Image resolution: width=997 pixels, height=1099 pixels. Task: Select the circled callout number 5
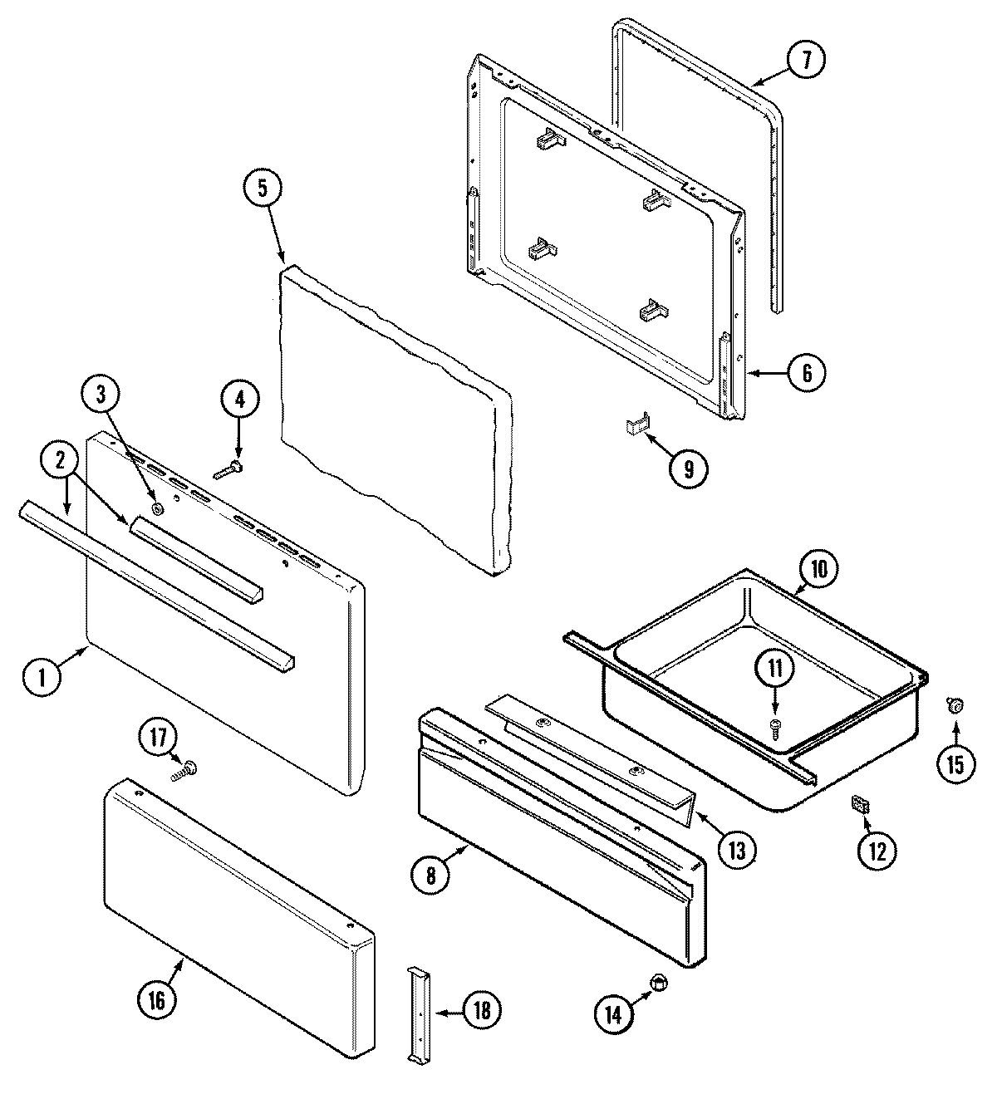(x=263, y=189)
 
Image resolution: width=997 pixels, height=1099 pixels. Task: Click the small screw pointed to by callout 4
(x=228, y=472)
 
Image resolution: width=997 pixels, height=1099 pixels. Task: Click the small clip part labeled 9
(x=636, y=427)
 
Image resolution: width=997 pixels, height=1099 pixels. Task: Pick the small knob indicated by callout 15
(x=955, y=705)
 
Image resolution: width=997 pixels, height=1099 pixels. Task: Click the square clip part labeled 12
(x=862, y=804)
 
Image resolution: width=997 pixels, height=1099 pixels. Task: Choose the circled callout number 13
(x=737, y=849)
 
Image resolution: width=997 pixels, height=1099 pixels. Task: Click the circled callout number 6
(x=805, y=371)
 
